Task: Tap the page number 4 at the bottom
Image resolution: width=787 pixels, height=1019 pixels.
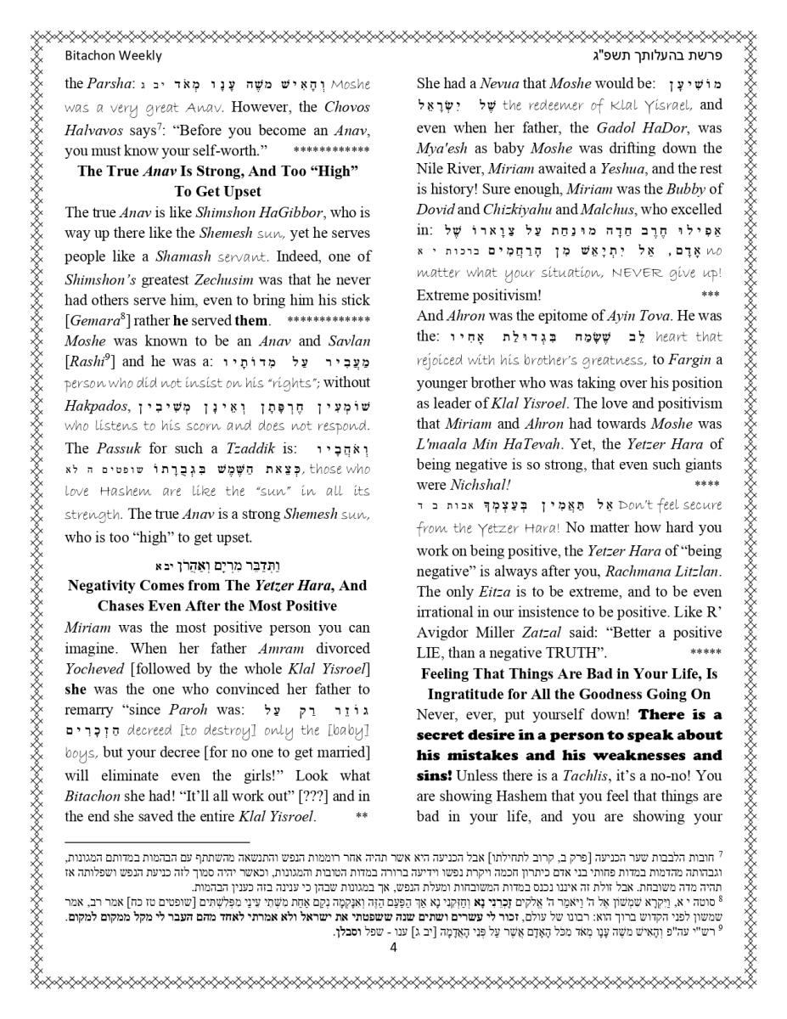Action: (x=393, y=949)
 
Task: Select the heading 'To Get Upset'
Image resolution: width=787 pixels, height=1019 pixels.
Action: (x=217, y=191)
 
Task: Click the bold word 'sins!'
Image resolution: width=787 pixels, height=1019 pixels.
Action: (x=434, y=775)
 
